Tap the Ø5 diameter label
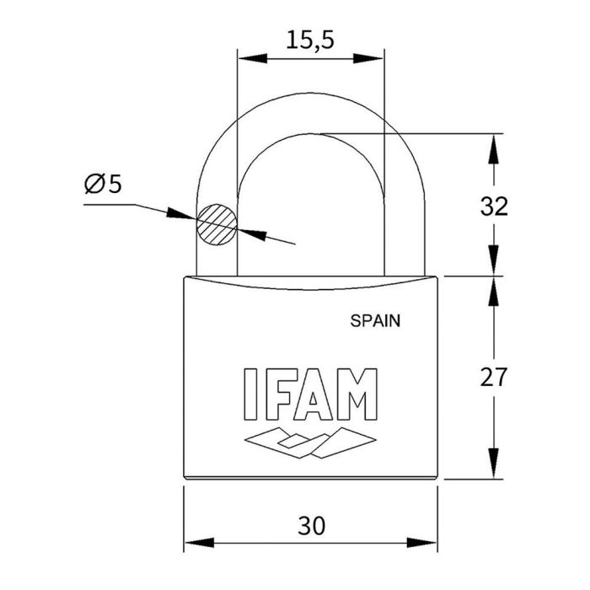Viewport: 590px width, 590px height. click(x=103, y=184)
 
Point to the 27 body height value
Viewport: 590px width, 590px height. click(x=494, y=377)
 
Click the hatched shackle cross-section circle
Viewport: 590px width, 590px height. click(x=217, y=225)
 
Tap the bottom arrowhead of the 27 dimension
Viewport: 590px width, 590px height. click(x=494, y=466)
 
